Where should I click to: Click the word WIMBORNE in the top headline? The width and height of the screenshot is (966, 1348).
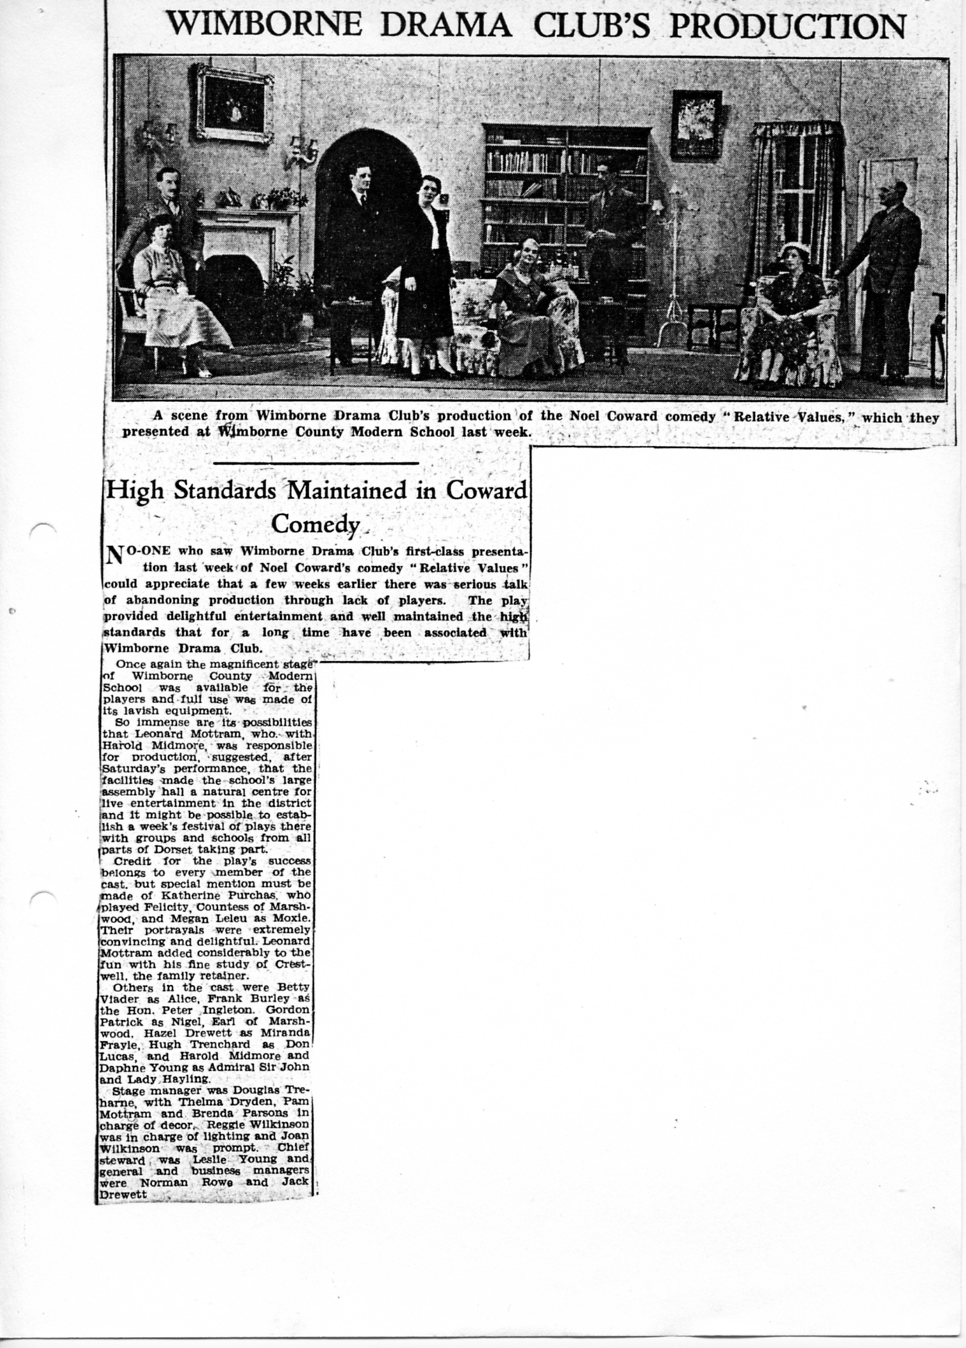264,25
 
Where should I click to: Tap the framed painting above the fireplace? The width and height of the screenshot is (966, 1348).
234,103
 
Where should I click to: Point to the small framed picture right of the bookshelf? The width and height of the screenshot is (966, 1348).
696,124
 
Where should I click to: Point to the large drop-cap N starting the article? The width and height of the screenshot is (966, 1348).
114,556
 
